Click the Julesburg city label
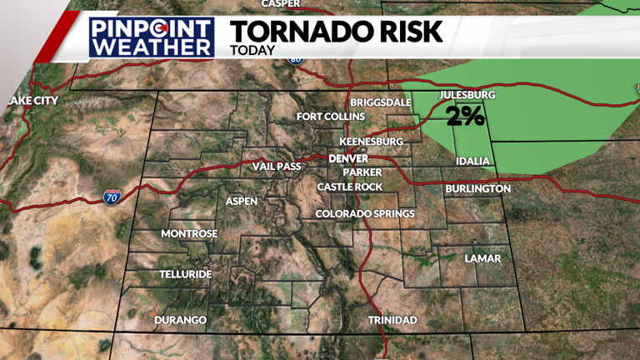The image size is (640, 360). click(x=462, y=95)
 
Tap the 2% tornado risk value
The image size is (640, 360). click(x=465, y=116)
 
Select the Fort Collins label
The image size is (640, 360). click(x=331, y=117)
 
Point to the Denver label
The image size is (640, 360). click(x=348, y=158)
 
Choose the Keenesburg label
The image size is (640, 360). click(x=371, y=142)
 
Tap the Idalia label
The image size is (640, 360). click(x=472, y=161)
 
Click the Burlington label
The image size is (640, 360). click(x=477, y=189)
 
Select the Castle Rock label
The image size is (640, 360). click(x=350, y=187)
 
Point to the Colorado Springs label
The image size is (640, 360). click(x=365, y=214)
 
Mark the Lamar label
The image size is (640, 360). click(x=482, y=258)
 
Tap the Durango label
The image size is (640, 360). click(x=180, y=320)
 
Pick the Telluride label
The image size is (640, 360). click(x=186, y=274)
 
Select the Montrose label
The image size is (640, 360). click(x=189, y=233)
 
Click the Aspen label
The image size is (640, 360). click(x=242, y=201)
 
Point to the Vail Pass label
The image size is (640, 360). click(x=277, y=167)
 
